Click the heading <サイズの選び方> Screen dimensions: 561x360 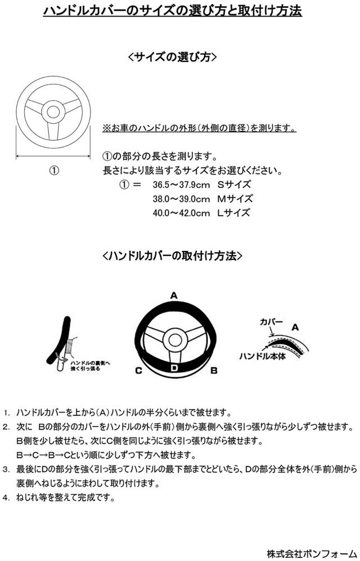pos(173,57)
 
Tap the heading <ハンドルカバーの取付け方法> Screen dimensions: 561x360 pos(173,255)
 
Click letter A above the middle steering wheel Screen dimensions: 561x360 pos(174,295)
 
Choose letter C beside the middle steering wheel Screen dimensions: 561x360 pos(138,370)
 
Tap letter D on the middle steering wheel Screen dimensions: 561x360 pos(174,368)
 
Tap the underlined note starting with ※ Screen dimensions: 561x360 pos(200,128)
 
